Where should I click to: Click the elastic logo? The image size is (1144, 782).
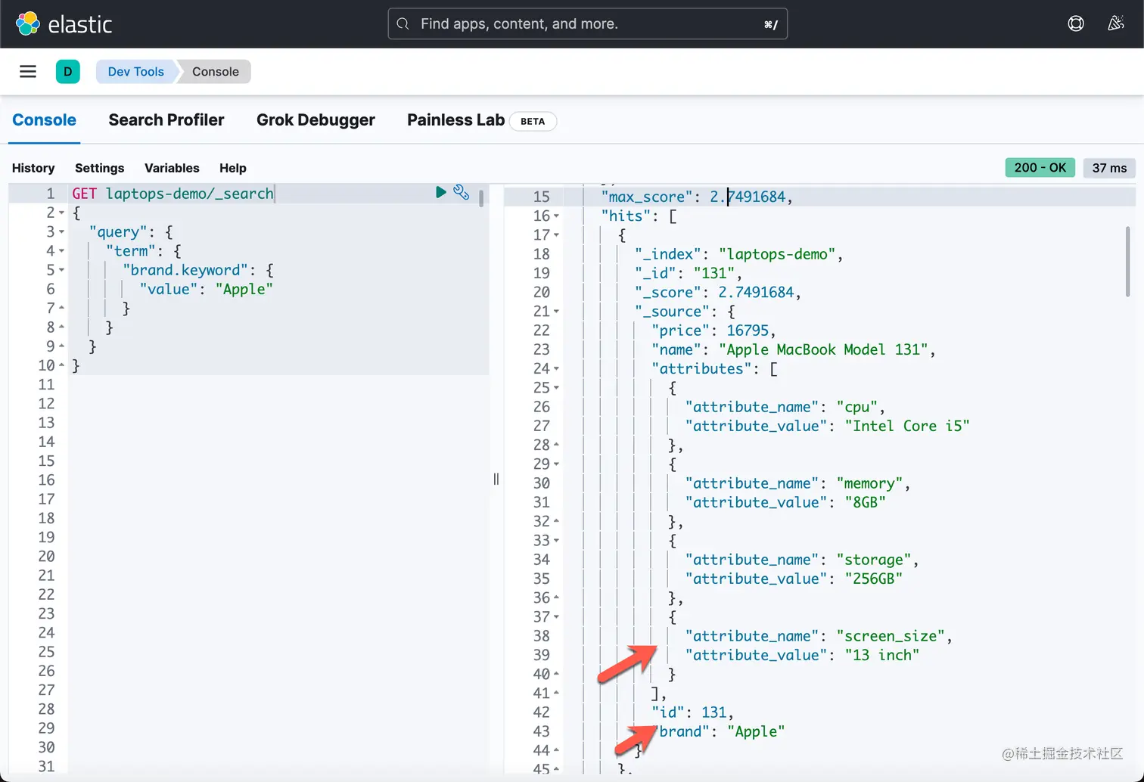click(x=64, y=24)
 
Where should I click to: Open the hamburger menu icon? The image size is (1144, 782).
click(x=28, y=72)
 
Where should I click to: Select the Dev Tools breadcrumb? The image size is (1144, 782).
click(x=135, y=72)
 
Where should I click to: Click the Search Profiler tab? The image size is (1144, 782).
click(x=166, y=120)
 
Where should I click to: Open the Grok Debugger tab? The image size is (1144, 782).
click(x=316, y=120)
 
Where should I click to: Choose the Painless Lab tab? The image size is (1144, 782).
click(x=455, y=120)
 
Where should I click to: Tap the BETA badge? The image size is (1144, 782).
click(x=533, y=121)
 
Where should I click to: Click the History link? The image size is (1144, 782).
click(x=33, y=168)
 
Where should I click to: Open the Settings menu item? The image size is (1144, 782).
click(x=99, y=168)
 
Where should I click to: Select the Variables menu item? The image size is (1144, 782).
click(x=172, y=168)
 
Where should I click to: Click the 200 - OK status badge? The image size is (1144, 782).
click(x=1040, y=168)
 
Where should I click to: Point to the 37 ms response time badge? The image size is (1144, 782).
click(x=1109, y=168)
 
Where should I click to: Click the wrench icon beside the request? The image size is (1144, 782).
click(x=461, y=192)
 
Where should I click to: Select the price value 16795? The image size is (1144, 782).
click(x=748, y=330)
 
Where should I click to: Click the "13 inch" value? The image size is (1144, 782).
click(x=881, y=655)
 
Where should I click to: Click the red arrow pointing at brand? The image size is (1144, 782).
click(x=635, y=739)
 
